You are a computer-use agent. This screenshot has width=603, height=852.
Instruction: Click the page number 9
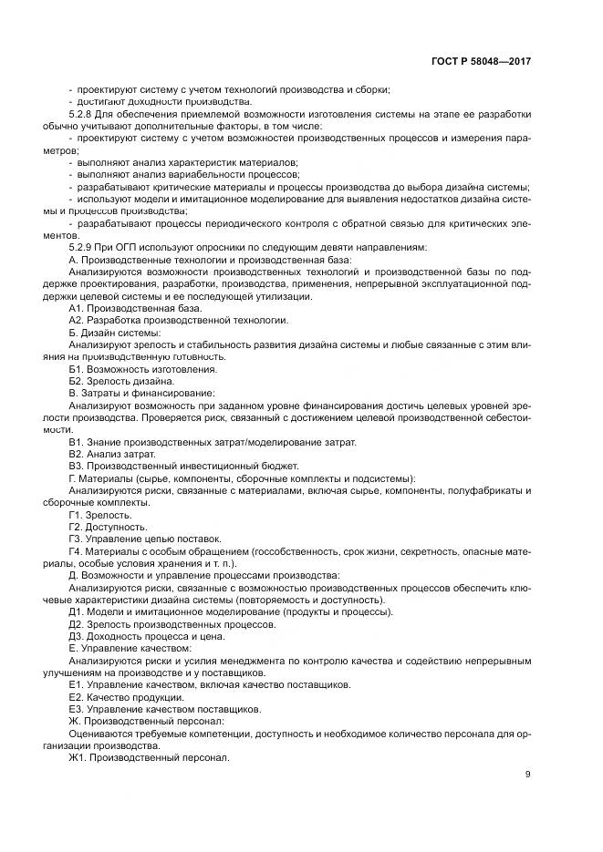[x=527, y=775]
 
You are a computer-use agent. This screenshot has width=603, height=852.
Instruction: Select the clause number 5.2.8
[x=84, y=114]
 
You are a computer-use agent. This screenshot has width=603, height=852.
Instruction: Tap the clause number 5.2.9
[x=84, y=247]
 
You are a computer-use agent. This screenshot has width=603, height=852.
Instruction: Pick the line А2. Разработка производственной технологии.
[x=179, y=320]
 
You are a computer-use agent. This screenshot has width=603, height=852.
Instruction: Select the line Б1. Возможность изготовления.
[x=142, y=369]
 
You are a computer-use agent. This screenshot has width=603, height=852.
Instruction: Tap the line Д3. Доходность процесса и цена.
[x=149, y=636]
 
